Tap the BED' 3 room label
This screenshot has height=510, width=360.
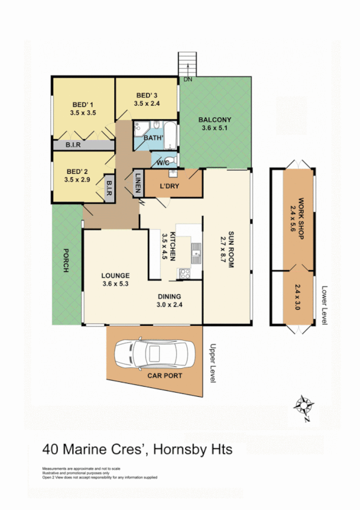pos(147,96)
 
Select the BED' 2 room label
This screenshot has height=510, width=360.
pos(78,171)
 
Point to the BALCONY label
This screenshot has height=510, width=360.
pos(215,120)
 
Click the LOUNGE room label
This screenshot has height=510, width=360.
pos(115,275)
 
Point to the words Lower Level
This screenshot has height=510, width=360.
pos(324,305)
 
